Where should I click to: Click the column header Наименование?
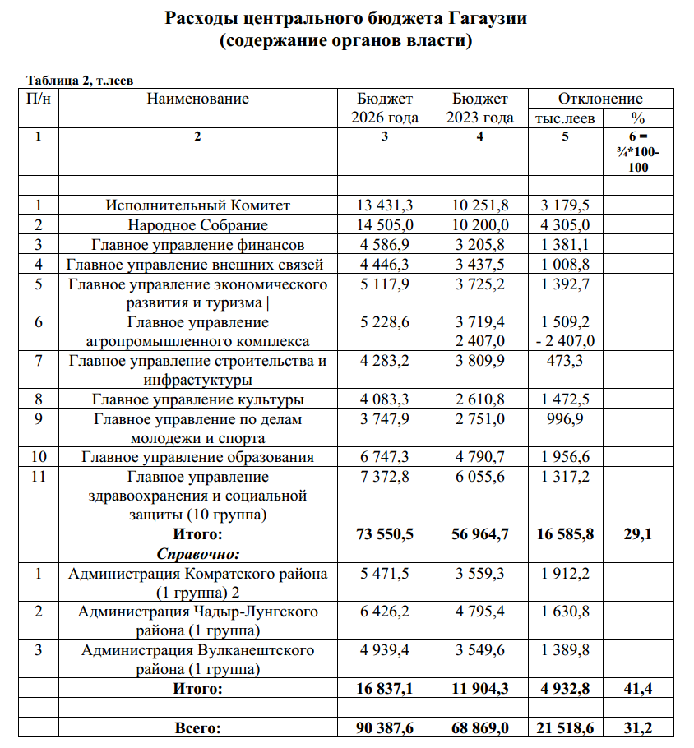point(197,99)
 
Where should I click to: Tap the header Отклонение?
point(600,99)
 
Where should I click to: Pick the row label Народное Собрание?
point(197,224)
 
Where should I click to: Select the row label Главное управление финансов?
point(197,244)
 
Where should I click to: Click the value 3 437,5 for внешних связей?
point(480,264)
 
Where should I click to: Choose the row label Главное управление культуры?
point(197,399)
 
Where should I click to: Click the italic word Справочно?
point(197,554)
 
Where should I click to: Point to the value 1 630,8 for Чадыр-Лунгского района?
point(566,612)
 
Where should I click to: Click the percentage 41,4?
point(637,689)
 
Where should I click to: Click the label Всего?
point(197,728)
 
